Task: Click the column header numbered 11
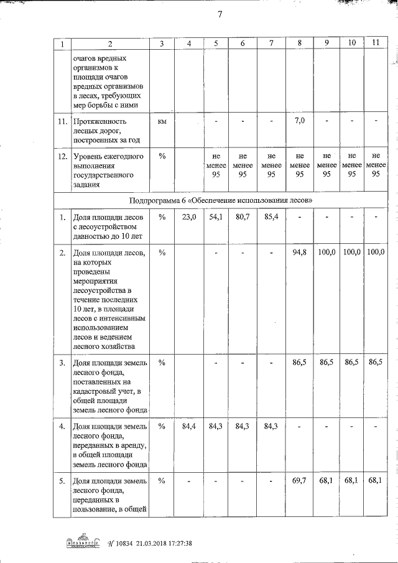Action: click(x=374, y=42)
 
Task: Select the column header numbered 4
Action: click(x=189, y=44)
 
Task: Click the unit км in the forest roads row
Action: click(x=162, y=121)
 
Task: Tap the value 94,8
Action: click(x=300, y=252)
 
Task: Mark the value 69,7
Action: click(x=300, y=481)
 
